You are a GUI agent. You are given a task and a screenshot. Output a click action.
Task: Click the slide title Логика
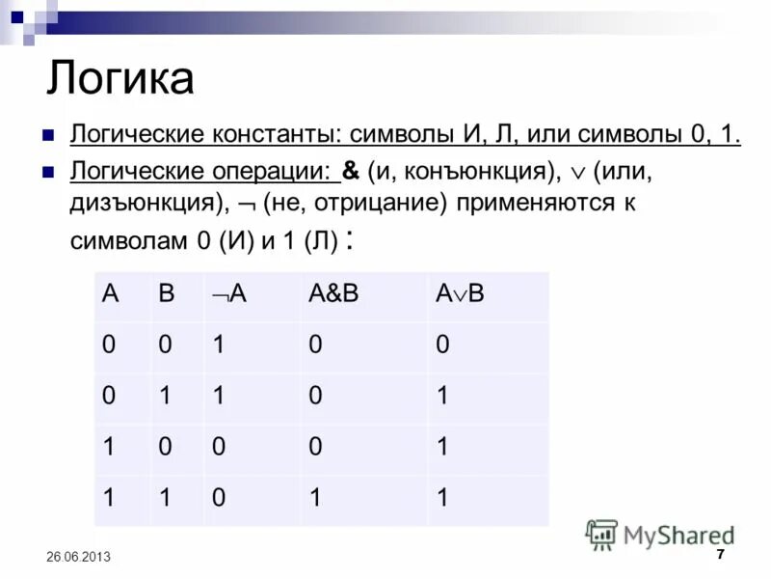[120, 79]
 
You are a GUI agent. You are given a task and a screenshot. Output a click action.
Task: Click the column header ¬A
[228, 295]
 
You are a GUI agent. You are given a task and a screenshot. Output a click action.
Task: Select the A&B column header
[332, 295]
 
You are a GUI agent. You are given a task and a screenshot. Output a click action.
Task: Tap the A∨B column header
[459, 295]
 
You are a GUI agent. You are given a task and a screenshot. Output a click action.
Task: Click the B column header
[167, 295]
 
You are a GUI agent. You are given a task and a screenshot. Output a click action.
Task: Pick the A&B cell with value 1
[315, 499]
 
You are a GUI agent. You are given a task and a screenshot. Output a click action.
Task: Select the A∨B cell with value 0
[442, 345]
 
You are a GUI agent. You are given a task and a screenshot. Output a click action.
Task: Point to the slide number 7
[721, 555]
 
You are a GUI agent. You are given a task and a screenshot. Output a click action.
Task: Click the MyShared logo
[660, 535]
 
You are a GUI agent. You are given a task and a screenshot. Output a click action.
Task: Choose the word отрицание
[361, 205]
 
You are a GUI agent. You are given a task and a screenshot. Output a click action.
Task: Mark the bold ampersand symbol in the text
[352, 173]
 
